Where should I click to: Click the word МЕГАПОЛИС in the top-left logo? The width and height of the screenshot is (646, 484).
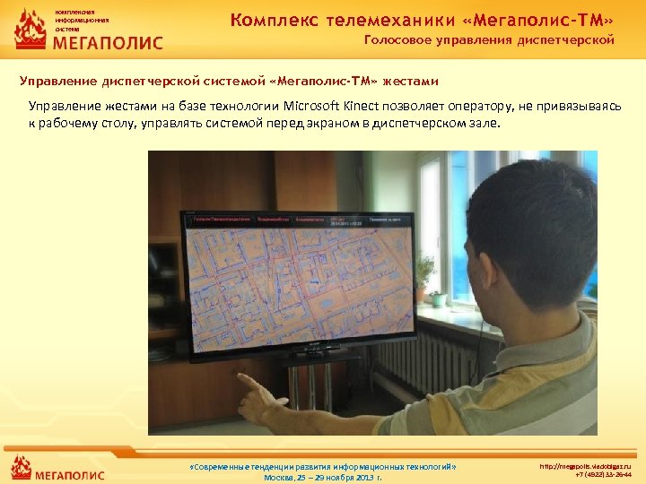click(109, 43)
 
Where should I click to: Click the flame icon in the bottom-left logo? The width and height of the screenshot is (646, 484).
click(22, 468)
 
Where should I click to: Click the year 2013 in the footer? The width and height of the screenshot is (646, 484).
click(362, 478)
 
